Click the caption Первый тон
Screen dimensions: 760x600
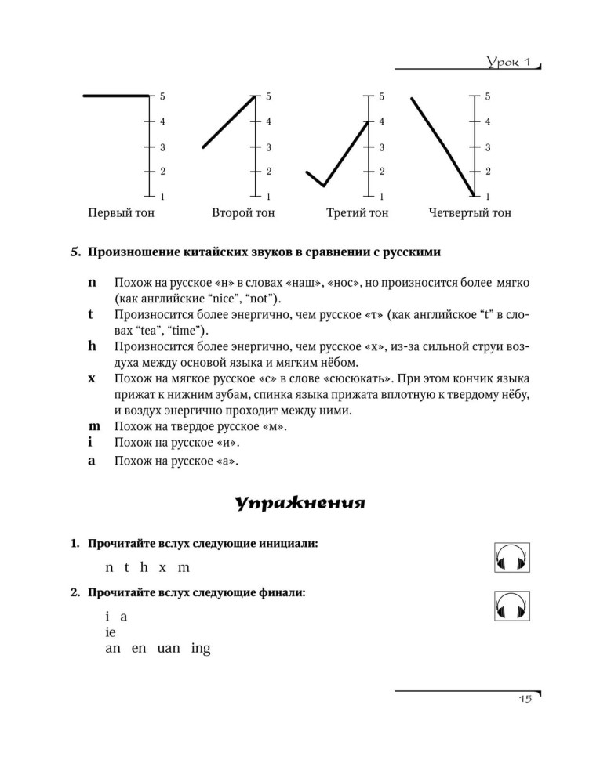[x=122, y=212]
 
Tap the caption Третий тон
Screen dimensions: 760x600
[x=357, y=212]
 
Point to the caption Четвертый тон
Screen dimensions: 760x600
[x=470, y=212]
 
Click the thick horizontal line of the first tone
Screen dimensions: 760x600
[x=115, y=96]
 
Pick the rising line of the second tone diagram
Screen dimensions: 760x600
[x=229, y=121]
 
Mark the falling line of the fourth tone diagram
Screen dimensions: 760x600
[x=442, y=145]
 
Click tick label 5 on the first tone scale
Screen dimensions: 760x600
[x=162, y=96]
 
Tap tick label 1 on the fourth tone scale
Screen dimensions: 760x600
[x=487, y=196]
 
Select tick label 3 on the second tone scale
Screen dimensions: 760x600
[x=268, y=147]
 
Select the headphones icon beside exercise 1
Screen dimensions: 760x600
[x=513, y=559]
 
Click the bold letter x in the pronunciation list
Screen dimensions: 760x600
[x=92, y=378]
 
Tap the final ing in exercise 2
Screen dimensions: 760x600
[x=201, y=650]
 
